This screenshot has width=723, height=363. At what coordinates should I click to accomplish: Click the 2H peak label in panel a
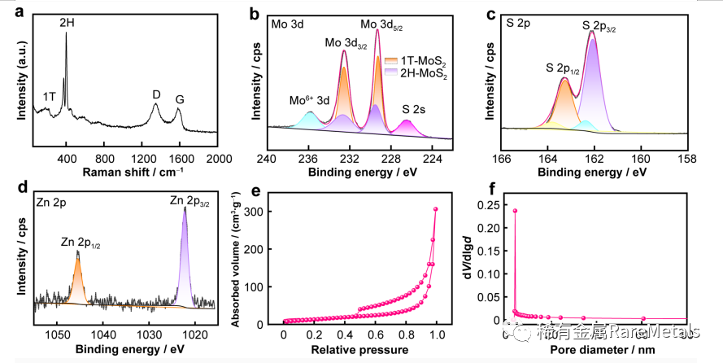point(68,24)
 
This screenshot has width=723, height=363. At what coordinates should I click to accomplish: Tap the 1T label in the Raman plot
point(50,96)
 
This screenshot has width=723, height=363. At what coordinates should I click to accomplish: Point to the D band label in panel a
point(156,94)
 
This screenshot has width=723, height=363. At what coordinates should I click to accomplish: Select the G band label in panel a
point(180,99)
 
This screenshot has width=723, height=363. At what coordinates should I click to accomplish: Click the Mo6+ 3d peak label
point(311,101)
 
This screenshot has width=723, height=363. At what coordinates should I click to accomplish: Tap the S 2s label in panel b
point(418,107)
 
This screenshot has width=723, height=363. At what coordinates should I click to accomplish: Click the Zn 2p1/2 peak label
point(81,242)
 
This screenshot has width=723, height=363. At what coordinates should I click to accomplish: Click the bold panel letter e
point(255,193)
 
